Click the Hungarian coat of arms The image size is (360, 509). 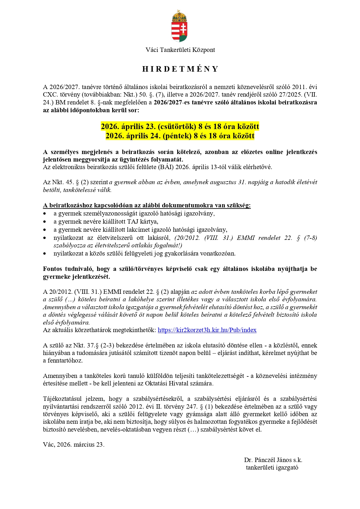click(x=180, y=26)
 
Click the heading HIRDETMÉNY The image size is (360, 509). click(x=180, y=69)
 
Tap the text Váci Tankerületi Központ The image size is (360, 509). click(x=180, y=50)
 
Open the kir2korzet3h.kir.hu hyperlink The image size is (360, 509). click(x=207, y=330)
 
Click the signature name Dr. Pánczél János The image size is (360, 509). click(x=268, y=460)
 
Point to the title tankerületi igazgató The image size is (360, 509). click(x=272, y=468)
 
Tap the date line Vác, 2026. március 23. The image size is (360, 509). click(x=74, y=445)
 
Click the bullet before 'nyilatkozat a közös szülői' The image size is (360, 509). click(x=45, y=253)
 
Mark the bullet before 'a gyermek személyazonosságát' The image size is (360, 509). click(x=45, y=213)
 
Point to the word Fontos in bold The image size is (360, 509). click(x=53, y=269)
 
